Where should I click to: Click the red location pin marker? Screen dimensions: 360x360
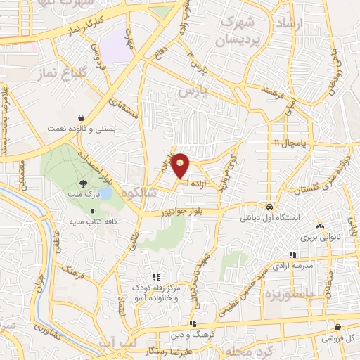coord(181,165)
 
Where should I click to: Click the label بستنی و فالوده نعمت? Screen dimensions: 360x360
coord(82,129)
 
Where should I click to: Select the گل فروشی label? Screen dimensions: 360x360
coord(338,338)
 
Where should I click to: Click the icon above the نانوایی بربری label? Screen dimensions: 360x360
coord(321,226)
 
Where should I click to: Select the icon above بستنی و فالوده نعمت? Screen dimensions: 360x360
coord(83,117)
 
